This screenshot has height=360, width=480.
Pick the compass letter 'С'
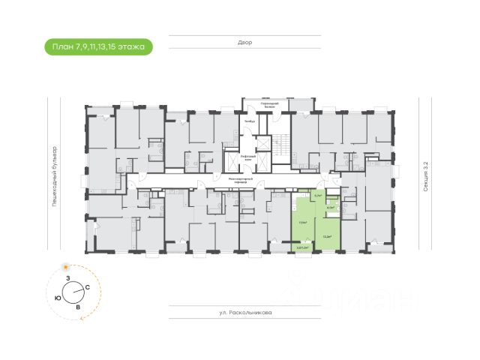88,287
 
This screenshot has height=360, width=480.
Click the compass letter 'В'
77,307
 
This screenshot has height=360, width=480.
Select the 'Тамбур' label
250,121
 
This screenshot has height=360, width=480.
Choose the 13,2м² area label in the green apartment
327,234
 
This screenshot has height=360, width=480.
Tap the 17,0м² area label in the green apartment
302,223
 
